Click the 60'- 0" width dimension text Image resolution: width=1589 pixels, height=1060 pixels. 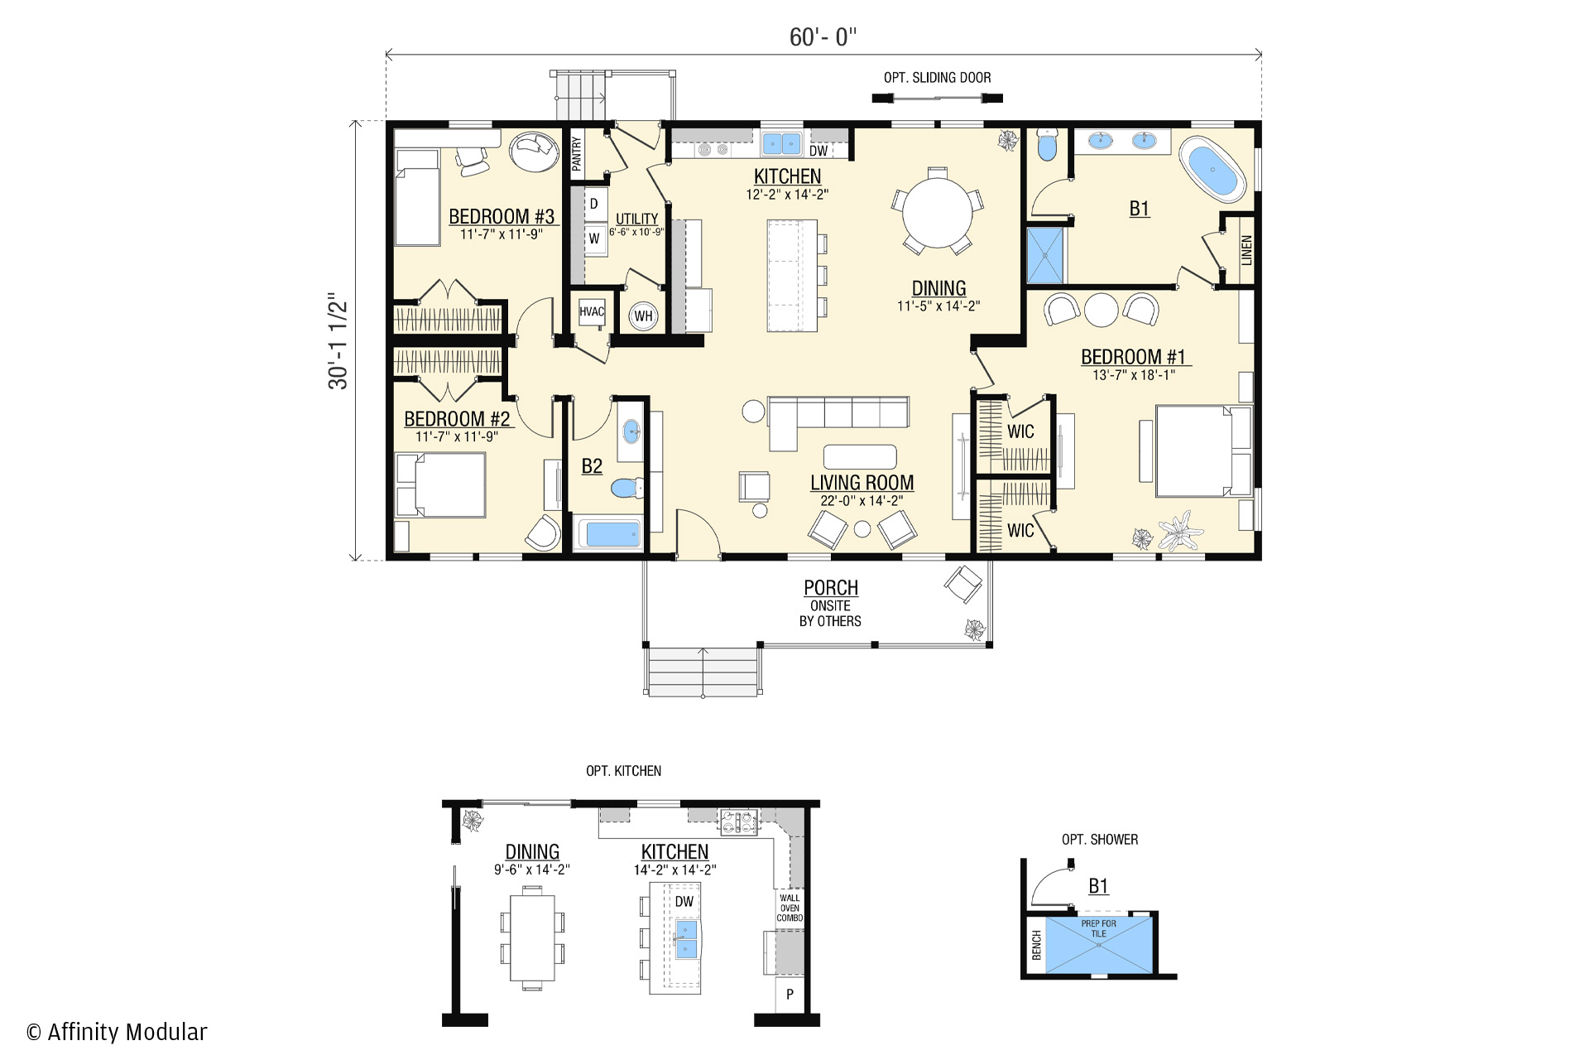point(823,37)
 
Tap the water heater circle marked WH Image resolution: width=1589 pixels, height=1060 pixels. point(643,316)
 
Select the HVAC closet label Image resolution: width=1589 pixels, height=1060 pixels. point(592,312)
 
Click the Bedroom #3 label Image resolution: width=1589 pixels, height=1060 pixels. point(502,216)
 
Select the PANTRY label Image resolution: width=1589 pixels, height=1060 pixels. point(577,153)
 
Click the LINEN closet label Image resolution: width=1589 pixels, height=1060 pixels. point(1246,251)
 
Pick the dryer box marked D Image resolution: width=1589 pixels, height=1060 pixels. point(593,204)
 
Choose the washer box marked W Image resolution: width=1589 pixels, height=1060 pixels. point(593,238)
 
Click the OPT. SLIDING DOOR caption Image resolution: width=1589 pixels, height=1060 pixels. point(937,78)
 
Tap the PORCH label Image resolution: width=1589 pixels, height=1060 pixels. point(831,587)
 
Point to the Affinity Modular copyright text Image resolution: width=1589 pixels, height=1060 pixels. point(117,1032)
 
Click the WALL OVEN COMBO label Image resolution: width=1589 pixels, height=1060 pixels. point(790,908)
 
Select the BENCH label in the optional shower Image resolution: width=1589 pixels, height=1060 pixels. point(1036,945)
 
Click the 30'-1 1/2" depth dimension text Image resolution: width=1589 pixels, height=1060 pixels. point(338,340)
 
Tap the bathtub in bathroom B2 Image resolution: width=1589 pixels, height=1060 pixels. point(608,534)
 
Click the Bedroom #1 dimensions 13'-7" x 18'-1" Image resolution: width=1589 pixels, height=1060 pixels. point(1133,375)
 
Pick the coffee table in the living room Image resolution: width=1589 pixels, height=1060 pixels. point(860,456)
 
